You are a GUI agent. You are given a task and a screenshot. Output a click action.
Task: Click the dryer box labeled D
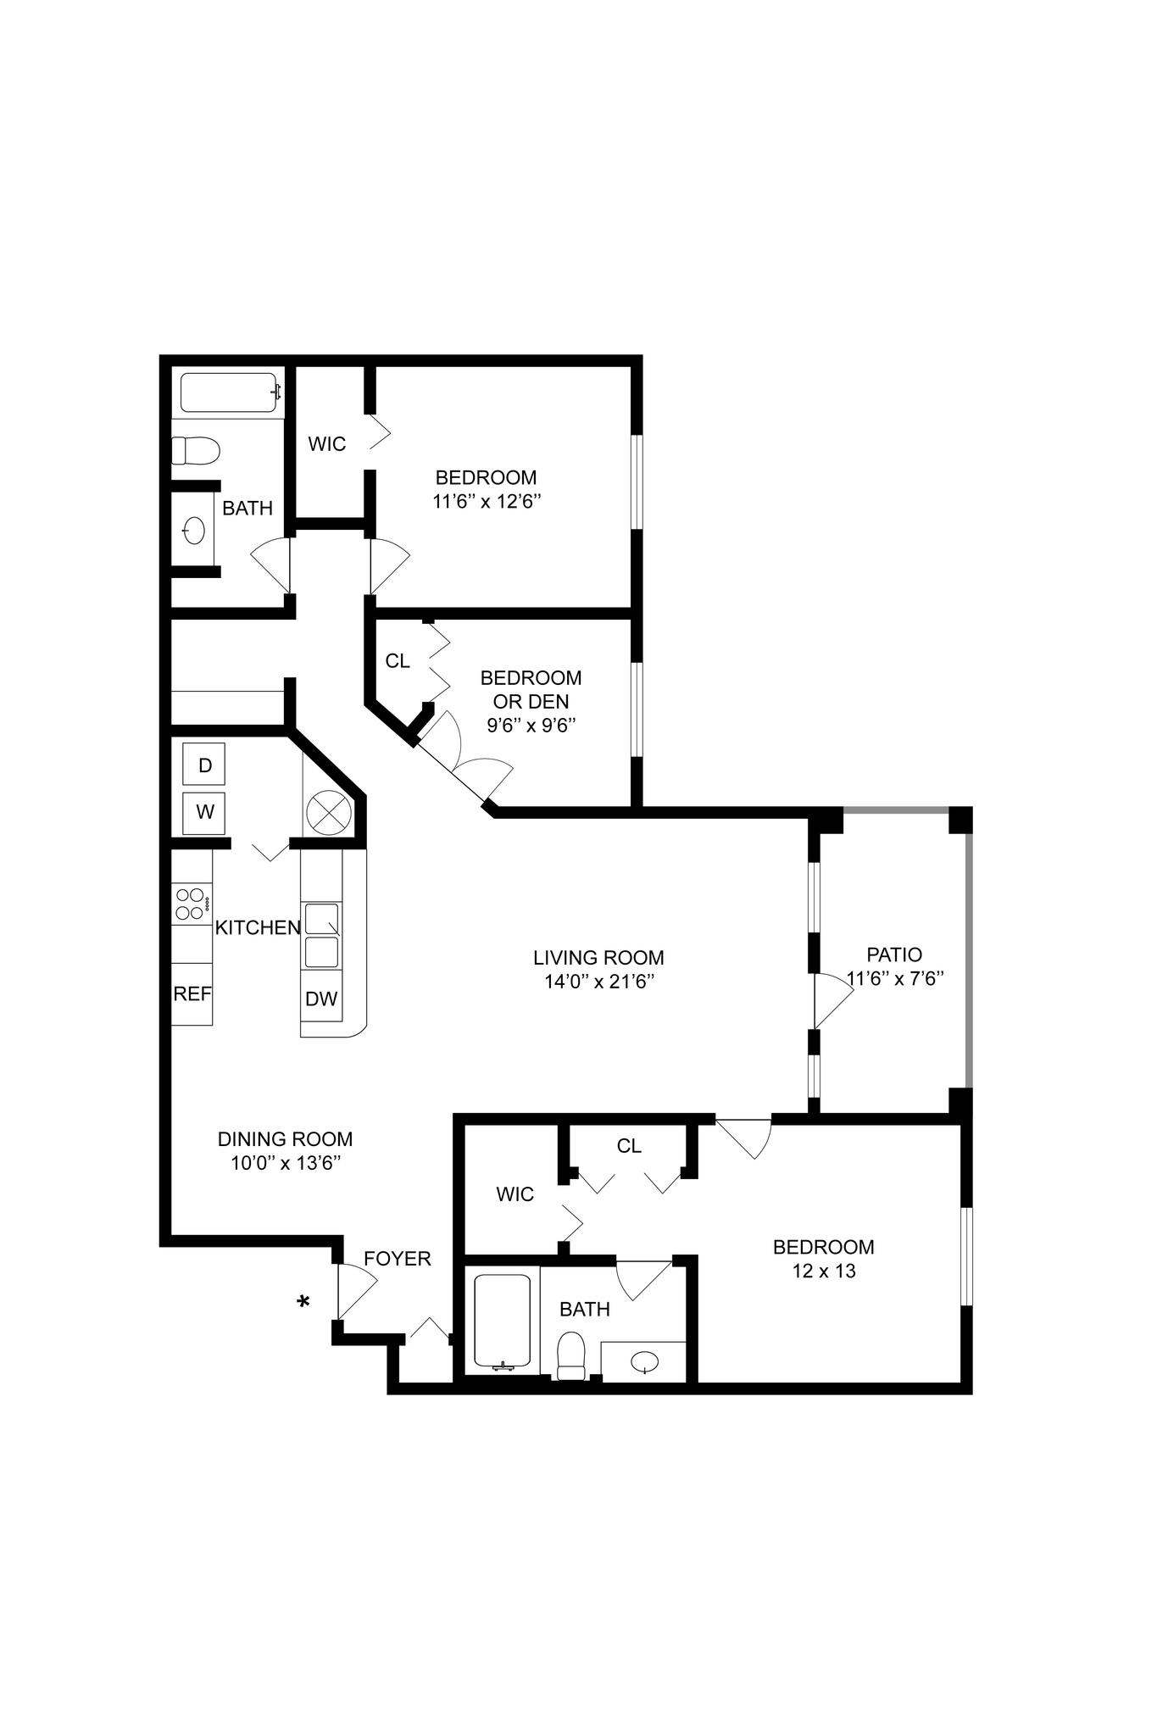click(203, 765)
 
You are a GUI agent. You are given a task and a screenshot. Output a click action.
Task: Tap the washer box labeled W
click(203, 812)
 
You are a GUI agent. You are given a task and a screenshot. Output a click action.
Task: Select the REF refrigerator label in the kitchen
click(192, 994)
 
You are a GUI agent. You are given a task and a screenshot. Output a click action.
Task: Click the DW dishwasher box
click(321, 999)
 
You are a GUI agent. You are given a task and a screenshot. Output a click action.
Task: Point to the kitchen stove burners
click(190, 903)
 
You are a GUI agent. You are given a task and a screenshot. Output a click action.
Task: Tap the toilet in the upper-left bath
click(196, 450)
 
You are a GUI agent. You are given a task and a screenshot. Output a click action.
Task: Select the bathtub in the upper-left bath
click(229, 392)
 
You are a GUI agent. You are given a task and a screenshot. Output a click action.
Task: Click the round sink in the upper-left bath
click(194, 531)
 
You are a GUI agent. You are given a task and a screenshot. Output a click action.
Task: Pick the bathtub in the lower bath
click(502, 1320)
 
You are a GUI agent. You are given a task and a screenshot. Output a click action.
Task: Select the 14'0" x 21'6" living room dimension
click(598, 982)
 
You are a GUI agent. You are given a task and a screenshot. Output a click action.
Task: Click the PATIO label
click(894, 954)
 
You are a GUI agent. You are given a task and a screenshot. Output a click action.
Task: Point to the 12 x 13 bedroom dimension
click(823, 1271)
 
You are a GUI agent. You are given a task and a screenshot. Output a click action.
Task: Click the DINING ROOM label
click(285, 1139)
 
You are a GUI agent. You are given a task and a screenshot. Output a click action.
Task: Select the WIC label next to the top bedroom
click(326, 444)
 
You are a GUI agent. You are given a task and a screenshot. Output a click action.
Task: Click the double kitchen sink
click(322, 935)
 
